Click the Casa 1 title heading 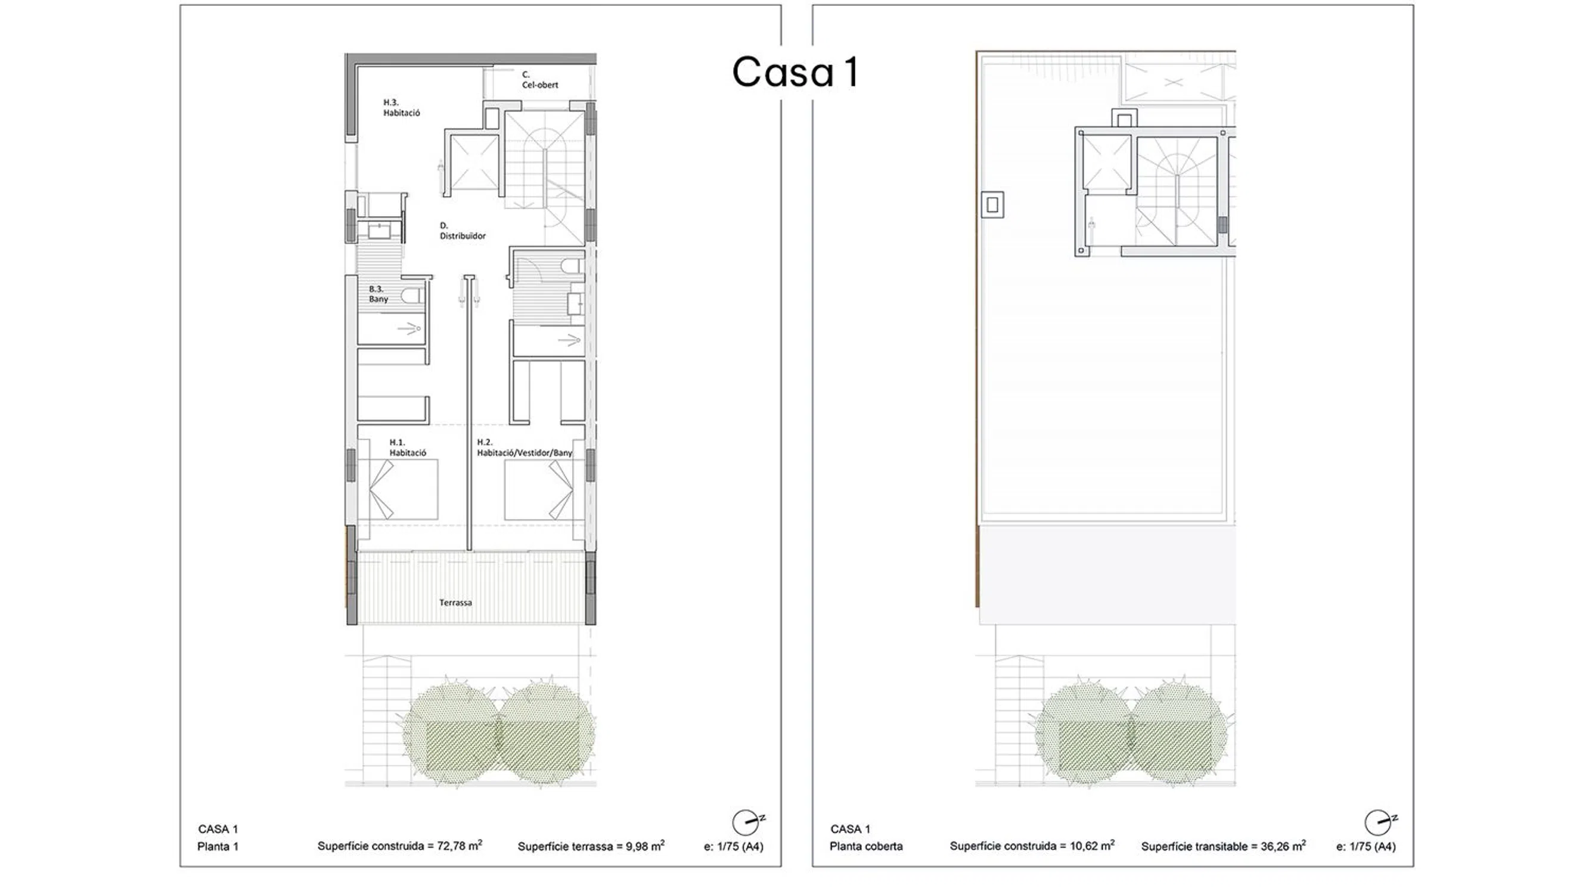(795, 72)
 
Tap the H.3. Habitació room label (402, 107)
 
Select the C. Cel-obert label (540, 80)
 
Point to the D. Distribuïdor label (463, 231)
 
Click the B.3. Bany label (378, 294)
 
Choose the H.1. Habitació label (408, 448)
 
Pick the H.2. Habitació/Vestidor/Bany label (525, 448)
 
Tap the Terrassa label (455, 603)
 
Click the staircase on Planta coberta (1177, 191)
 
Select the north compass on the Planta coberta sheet (1380, 822)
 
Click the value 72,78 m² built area (460, 845)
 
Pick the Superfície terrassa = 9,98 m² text (591, 846)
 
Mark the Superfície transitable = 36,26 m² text (1223, 846)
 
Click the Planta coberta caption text (866, 846)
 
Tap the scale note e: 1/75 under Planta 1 (734, 846)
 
